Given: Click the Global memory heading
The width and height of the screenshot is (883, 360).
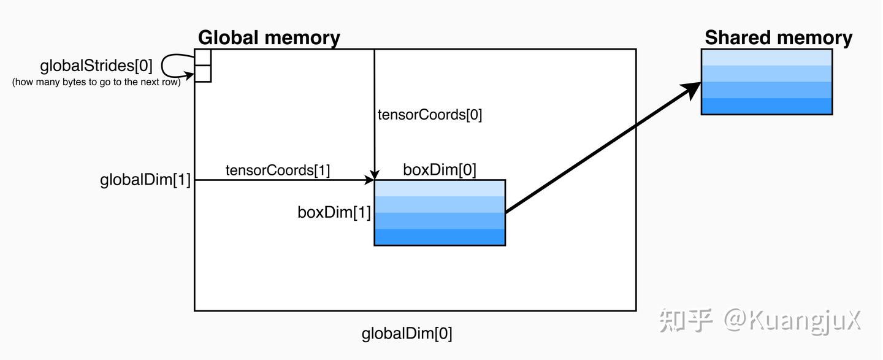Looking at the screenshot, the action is [x=269, y=38].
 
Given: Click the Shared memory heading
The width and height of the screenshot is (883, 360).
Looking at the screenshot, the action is [x=779, y=38].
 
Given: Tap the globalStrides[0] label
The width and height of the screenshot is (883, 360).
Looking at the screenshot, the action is [x=96, y=66].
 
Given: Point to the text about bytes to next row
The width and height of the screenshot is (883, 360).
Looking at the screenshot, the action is [x=96, y=82].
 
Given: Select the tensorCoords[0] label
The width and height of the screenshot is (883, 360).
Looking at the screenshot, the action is [x=430, y=115].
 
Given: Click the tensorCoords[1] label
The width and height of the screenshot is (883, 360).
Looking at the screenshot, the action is [x=278, y=170].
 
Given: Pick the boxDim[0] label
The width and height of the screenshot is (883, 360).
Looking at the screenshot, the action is [x=440, y=170].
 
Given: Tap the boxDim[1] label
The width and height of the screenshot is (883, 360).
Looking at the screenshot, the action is [x=334, y=213].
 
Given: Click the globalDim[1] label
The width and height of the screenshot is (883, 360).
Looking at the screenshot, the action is [x=145, y=180].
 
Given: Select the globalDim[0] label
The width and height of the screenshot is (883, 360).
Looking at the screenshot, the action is [x=407, y=334].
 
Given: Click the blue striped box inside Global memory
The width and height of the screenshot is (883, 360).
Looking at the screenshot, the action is [x=440, y=213].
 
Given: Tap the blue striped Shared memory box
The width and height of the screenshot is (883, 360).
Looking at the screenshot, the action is [x=766, y=82].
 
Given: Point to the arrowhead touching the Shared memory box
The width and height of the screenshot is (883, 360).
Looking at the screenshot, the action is [x=691, y=90].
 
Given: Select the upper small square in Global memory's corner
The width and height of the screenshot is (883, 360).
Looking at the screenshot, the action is [x=202, y=57].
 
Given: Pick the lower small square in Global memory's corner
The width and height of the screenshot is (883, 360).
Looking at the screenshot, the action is [x=202, y=74].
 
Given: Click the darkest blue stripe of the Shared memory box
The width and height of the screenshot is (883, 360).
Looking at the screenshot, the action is [x=766, y=106].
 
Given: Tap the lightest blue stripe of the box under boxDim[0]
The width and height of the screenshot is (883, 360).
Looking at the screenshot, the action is [x=440, y=188].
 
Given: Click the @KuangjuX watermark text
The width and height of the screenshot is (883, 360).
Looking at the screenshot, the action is [x=793, y=321].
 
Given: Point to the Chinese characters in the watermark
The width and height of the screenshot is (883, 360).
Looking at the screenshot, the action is [x=686, y=321].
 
